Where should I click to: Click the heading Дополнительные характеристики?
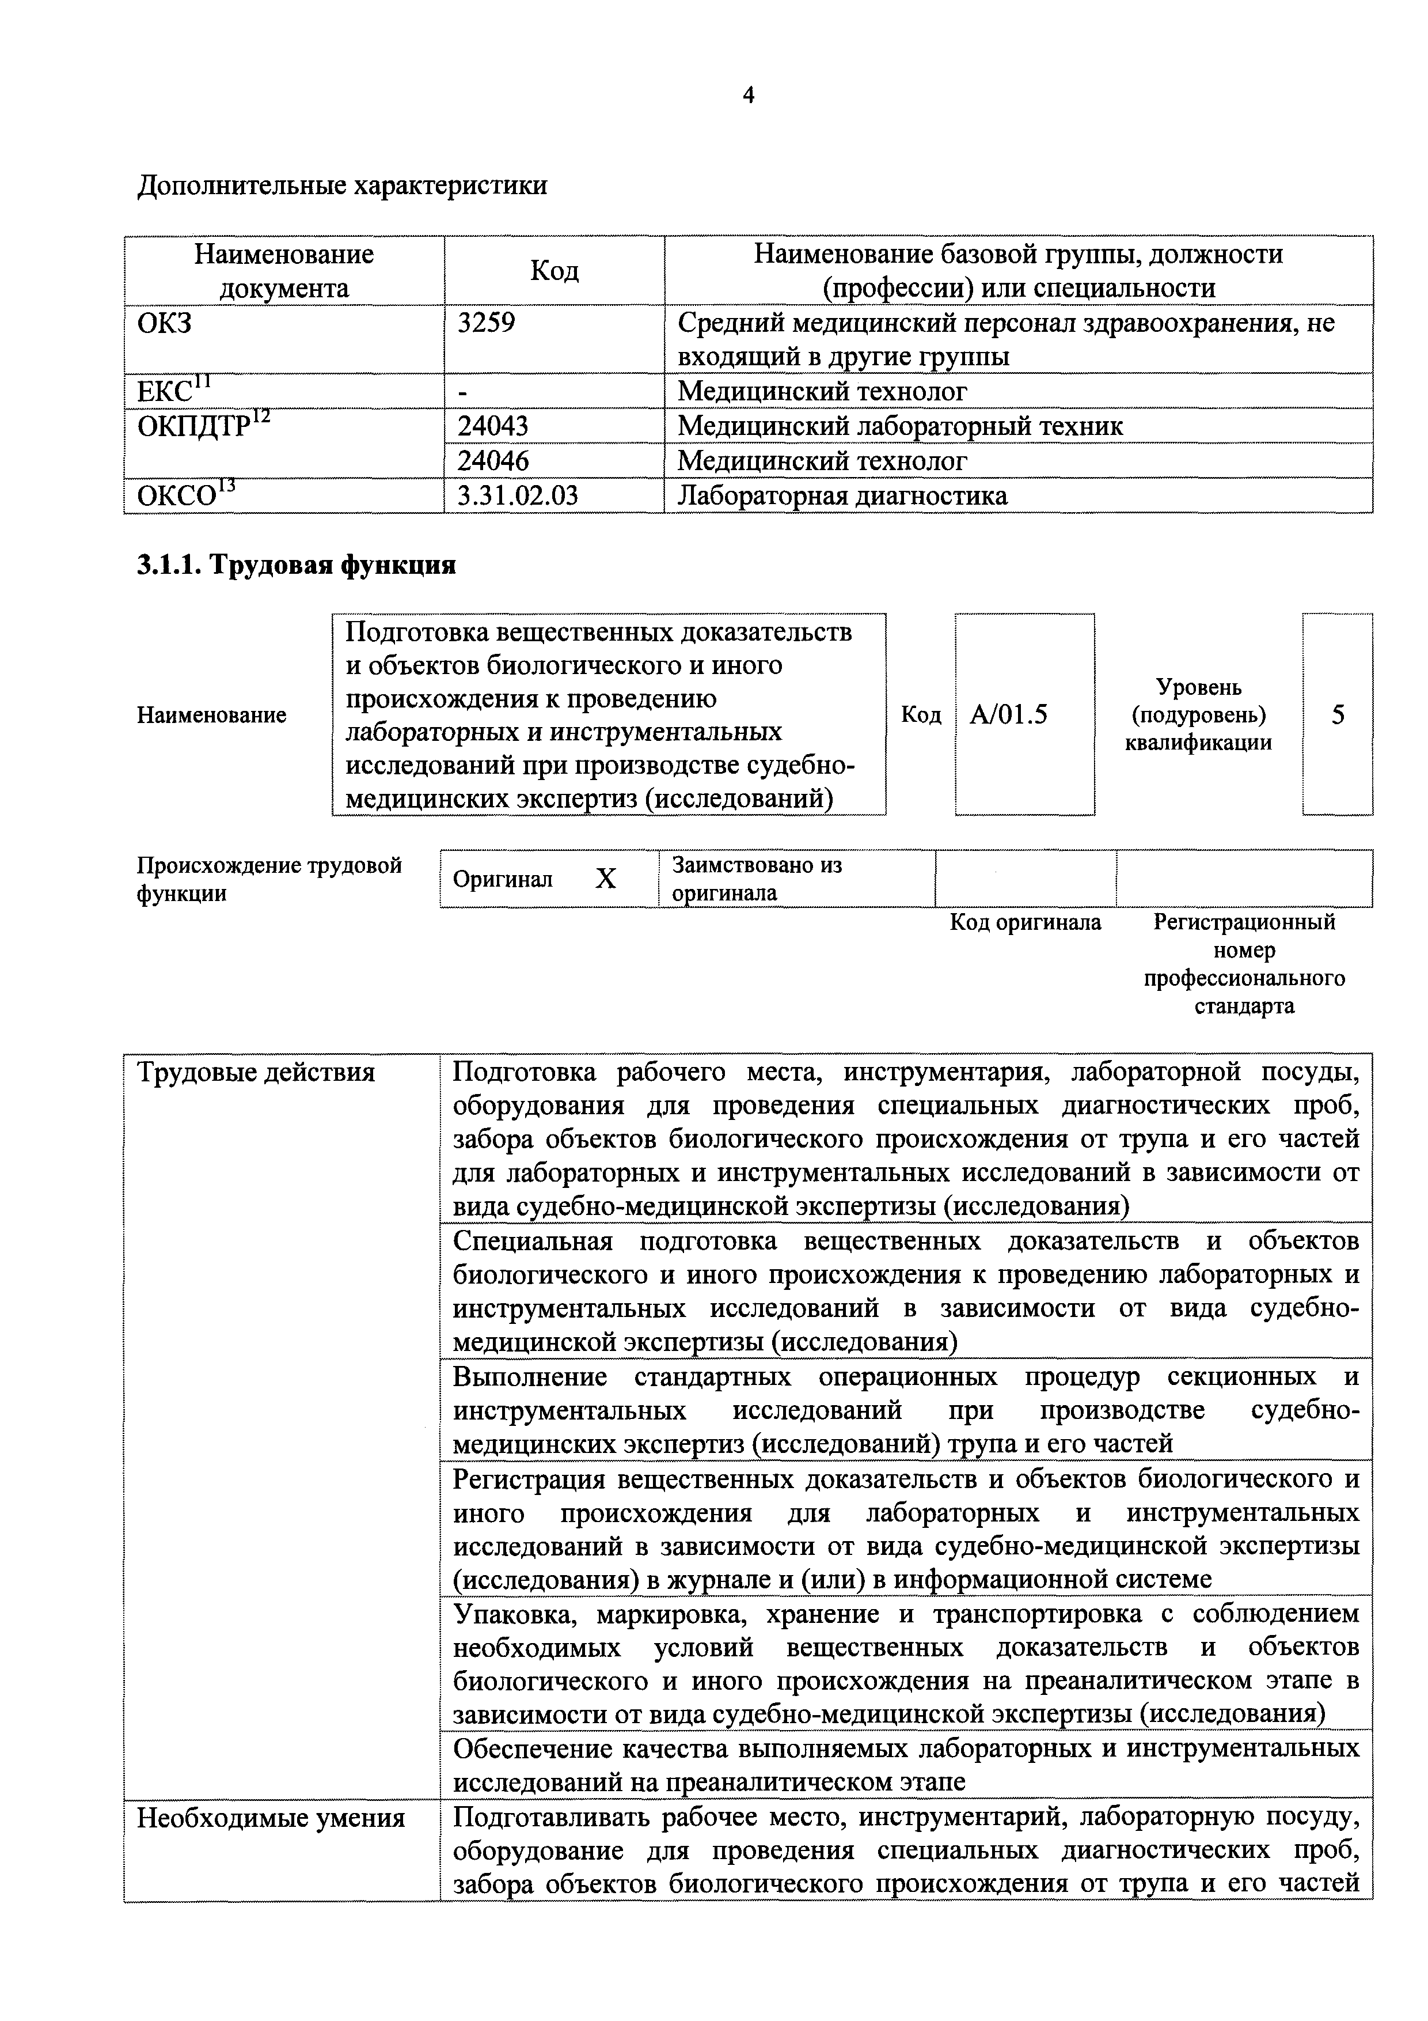[342, 186]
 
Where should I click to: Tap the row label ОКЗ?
[165, 323]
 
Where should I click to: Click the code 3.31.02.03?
[517, 495]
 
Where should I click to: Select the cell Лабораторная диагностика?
[842, 495]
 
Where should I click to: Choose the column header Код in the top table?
[555, 270]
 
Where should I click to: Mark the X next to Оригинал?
[605, 879]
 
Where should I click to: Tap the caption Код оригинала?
[1025, 922]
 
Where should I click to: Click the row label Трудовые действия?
[256, 1072]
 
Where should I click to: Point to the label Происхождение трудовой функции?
[268, 879]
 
